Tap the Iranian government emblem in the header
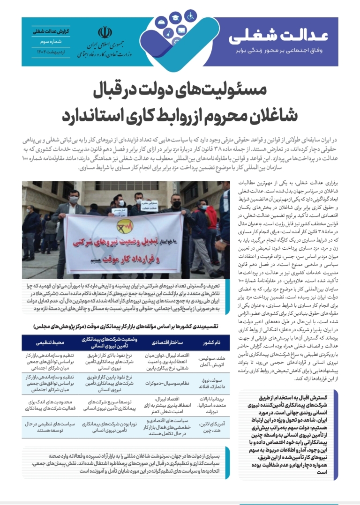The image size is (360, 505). (105, 32)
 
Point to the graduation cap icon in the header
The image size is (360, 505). (175, 19)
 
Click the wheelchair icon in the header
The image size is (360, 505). (191, 15)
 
